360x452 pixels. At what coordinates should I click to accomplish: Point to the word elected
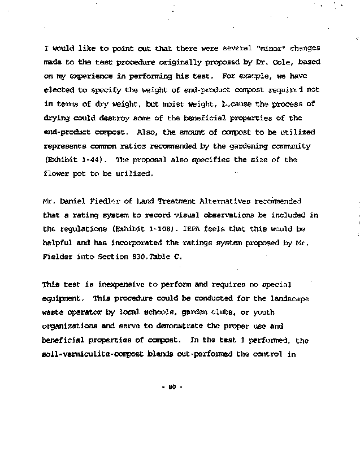(x=58, y=89)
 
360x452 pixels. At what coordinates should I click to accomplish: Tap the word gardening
(x=250, y=146)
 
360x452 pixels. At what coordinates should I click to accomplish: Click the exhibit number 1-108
(x=153, y=229)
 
